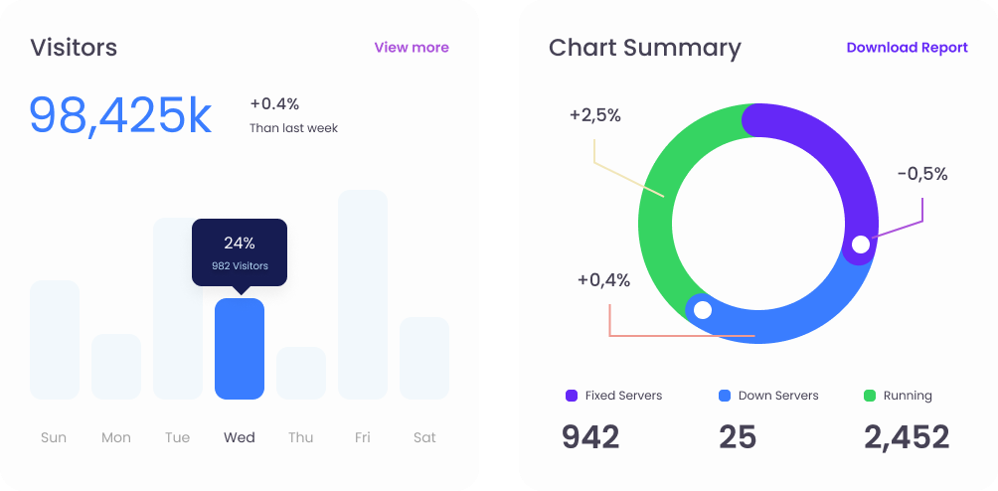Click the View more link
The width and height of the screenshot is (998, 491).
411,48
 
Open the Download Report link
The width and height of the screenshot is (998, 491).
907,48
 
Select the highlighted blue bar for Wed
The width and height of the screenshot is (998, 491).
240,349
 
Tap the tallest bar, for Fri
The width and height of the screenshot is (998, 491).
363,294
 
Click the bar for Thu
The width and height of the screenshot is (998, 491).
301,373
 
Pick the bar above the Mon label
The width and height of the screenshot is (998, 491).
116,367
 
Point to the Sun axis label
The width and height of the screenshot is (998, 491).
54,437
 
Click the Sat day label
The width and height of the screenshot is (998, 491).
424,437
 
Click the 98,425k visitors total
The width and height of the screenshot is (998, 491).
120,115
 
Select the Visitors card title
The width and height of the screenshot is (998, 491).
74,48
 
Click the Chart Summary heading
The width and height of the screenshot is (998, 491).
645,48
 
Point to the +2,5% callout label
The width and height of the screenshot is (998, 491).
595,115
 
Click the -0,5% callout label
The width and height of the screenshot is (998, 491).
922,174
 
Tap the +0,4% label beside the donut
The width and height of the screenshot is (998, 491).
603,280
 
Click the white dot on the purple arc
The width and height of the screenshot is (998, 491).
861,245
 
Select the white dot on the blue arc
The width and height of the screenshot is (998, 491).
703,310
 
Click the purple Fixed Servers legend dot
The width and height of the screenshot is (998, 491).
572,396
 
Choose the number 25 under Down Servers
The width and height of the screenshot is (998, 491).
738,437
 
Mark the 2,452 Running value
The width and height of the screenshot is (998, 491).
907,437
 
